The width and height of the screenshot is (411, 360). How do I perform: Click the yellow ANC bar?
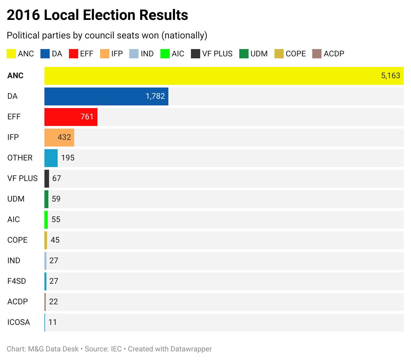click(212, 76)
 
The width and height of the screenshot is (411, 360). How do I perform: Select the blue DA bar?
click(106, 96)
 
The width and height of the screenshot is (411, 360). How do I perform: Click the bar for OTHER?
click(51, 158)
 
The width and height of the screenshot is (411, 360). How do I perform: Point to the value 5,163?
click(390, 76)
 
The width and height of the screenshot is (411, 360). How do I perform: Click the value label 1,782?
click(155, 96)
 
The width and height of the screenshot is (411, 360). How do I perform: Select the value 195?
click(68, 158)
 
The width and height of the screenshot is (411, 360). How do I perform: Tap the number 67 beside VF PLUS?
click(57, 179)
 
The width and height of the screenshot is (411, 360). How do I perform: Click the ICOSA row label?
click(19, 323)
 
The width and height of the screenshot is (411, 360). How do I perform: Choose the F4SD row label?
click(17, 281)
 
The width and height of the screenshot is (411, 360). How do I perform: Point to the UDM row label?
click(16, 199)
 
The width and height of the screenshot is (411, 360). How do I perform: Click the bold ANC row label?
click(15, 76)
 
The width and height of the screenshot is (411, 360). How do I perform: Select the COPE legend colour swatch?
click(279, 54)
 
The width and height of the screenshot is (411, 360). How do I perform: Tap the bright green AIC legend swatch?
click(165, 54)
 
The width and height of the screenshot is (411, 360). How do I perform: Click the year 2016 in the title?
click(23, 15)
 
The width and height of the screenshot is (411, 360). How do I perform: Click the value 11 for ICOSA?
click(52, 323)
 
